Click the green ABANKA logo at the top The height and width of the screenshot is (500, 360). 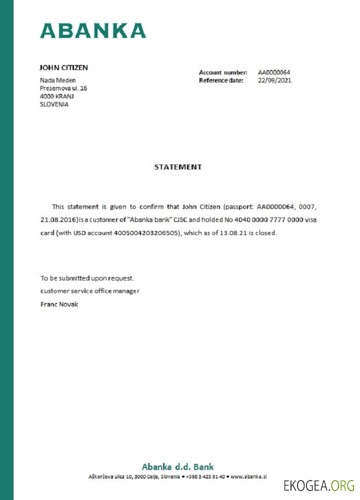[93, 30]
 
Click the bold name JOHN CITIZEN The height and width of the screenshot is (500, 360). [63, 67]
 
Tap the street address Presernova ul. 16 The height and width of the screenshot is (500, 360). [63, 88]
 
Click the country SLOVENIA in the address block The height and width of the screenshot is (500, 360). [54, 104]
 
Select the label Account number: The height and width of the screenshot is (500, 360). [223, 72]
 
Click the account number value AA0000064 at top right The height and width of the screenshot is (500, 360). [274, 72]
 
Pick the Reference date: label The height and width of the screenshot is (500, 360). [221, 80]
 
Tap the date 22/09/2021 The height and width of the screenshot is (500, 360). [274, 80]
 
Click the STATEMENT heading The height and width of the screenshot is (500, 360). [178, 167]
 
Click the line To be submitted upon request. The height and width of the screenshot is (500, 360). [87, 278]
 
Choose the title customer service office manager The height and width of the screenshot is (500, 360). [90, 291]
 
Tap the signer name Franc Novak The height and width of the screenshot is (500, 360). [59, 304]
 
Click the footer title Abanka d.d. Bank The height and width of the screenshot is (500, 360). [177, 467]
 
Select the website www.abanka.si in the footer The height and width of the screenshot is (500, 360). [248, 477]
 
